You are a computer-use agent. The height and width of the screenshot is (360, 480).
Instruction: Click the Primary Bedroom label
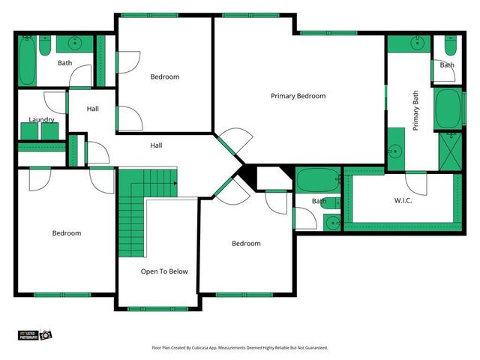tap(298, 96)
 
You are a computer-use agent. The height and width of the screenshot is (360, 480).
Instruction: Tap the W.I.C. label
tap(403, 200)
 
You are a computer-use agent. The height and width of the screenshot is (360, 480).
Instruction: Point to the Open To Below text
tap(164, 271)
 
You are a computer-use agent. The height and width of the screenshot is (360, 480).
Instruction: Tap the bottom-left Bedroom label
tap(66, 233)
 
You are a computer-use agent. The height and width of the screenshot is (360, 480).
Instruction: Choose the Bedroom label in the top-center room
tap(164, 76)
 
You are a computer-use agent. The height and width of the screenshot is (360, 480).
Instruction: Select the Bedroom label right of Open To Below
tap(246, 243)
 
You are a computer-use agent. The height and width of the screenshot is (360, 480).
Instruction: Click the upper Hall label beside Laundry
tap(92, 109)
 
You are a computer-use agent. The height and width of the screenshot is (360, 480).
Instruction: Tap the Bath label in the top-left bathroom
tap(65, 63)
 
